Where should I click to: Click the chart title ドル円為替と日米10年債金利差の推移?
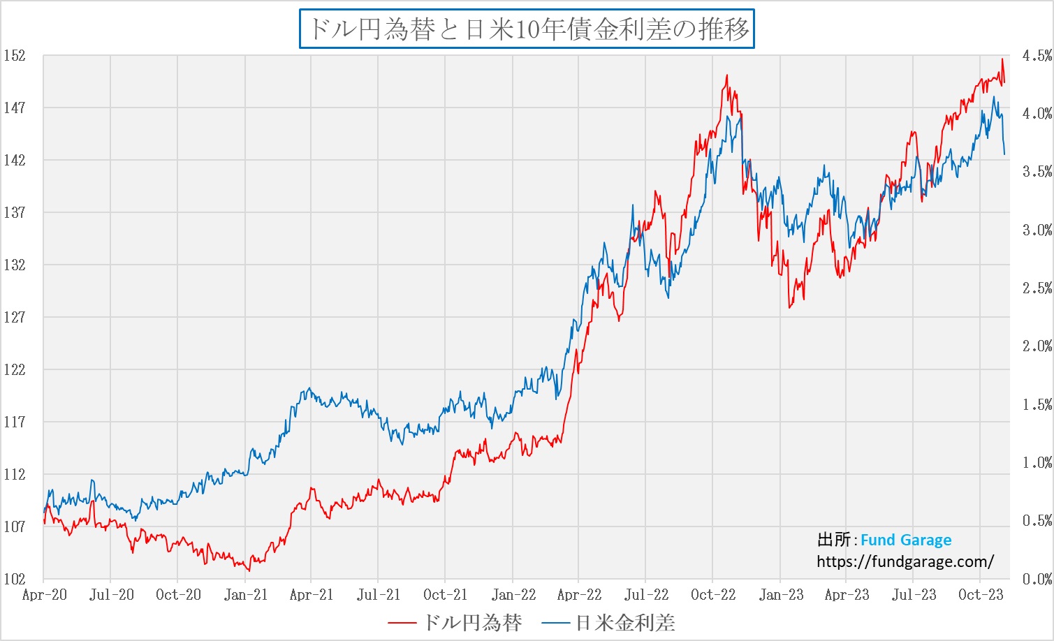tap(527, 29)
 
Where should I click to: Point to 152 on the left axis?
tap(14, 56)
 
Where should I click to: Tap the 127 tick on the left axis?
tap(14, 317)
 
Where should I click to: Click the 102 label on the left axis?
tap(14, 579)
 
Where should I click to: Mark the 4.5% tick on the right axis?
tap(1037, 56)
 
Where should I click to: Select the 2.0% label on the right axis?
tap(1037, 346)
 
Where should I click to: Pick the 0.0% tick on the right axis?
tap(1037, 579)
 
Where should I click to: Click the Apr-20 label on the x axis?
tap(45, 595)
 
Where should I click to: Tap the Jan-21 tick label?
tap(246, 595)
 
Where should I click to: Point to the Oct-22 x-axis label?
tap(713, 595)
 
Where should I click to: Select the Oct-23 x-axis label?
tap(981, 595)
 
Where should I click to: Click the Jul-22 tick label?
tap(646, 595)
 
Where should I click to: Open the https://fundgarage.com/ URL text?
tap(905, 561)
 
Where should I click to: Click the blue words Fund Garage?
tap(905, 540)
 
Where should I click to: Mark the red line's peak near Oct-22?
tap(726, 75)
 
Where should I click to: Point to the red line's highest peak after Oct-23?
tap(1002, 59)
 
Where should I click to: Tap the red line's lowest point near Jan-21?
tap(249, 570)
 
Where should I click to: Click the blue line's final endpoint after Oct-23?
tap(1004, 154)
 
